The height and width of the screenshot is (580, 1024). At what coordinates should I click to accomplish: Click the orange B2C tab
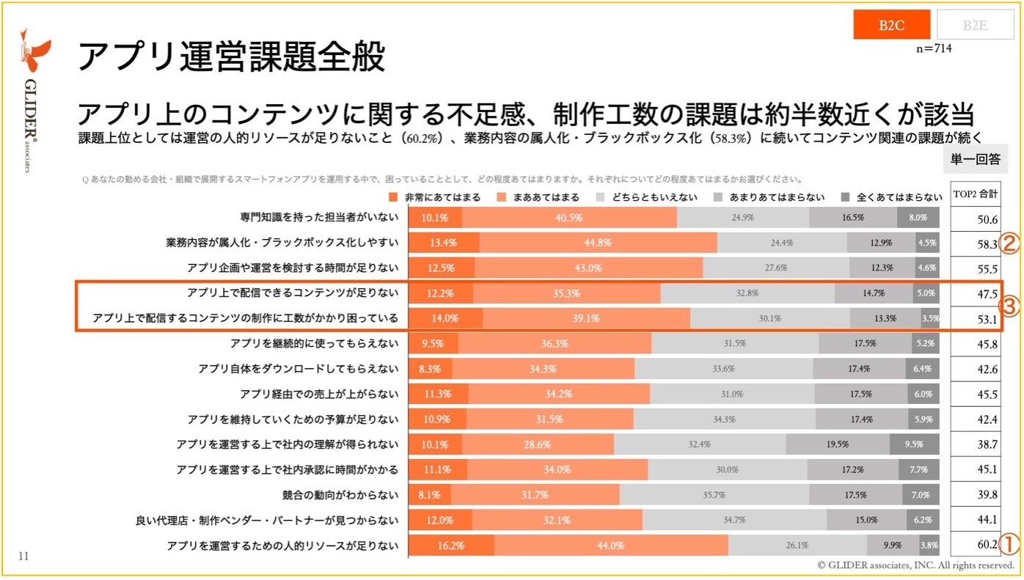click(x=892, y=25)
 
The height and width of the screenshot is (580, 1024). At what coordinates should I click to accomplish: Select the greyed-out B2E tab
click(x=974, y=25)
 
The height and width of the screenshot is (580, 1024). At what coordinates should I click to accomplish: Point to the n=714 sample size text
click(x=934, y=48)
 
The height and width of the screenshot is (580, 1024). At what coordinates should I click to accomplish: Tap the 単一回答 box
click(x=975, y=158)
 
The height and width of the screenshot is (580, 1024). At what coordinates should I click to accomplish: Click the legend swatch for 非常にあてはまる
click(x=393, y=197)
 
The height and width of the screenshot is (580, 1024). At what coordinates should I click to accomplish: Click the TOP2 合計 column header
click(x=975, y=195)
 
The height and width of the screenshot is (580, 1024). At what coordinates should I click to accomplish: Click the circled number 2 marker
click(x=1009, y=244)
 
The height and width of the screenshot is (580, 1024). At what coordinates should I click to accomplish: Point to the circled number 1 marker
click(x=1009, y=545)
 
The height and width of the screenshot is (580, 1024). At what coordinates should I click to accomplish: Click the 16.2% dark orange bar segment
click(x=451, y=546)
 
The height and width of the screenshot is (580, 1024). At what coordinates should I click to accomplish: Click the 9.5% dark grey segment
click(x=914, y=444)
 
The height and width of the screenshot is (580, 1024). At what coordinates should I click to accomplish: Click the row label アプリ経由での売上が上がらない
click(x=319, y=394)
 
